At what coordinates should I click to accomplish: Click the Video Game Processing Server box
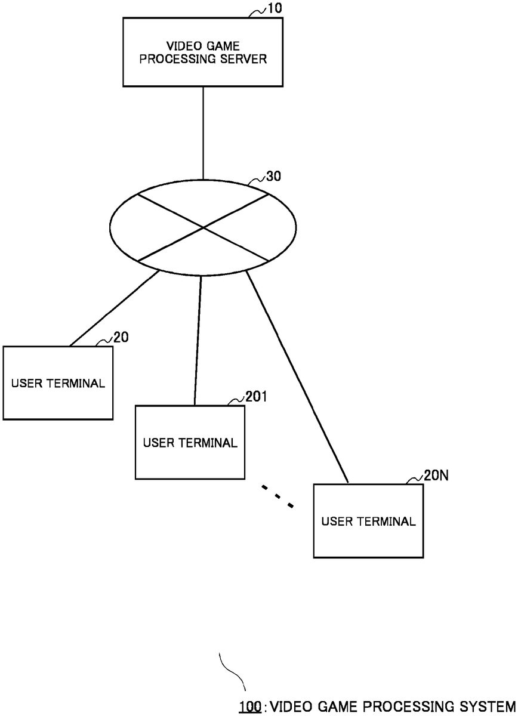coord(203,51)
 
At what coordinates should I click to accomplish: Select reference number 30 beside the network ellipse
coord(274,177)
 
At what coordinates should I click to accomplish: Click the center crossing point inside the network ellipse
coord(203,227)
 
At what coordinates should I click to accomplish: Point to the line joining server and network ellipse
coord(203,131)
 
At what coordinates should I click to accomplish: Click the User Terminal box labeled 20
coord(58,383)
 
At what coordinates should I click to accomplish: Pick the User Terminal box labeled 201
coord(190,442)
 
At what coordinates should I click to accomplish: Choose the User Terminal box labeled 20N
coord(368,521)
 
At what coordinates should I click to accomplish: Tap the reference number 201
coord(256,397)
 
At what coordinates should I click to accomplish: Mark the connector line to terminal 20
coord(113,309)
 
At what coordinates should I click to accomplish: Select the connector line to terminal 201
coord(198,340)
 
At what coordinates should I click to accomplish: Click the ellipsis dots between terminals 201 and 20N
coord(278,497)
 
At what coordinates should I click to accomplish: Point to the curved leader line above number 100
coord(233,671)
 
